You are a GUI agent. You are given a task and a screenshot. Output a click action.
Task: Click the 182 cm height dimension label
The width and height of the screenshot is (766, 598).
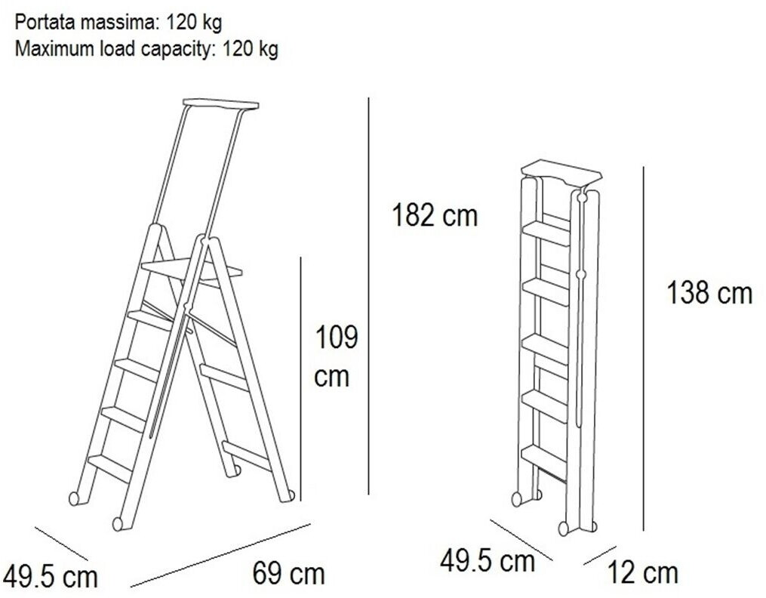tap(434, 215)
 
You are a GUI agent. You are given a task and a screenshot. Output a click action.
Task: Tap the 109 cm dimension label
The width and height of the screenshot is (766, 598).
tap(336, 356)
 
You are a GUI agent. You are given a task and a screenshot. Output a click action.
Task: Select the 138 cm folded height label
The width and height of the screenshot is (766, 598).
tap(709, 293)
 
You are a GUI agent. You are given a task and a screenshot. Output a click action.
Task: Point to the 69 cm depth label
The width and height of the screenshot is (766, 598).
tap(289, 574)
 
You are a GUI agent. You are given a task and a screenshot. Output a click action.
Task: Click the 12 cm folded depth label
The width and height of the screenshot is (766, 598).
tap(643, 572)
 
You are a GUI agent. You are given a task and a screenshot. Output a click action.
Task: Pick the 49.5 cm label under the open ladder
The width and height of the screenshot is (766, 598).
tap(51, 577)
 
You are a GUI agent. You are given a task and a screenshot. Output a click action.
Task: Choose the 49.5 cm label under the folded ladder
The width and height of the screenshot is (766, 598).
tap(487, 560)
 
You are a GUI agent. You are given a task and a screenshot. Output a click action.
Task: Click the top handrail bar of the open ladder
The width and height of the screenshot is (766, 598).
tap(221, 104)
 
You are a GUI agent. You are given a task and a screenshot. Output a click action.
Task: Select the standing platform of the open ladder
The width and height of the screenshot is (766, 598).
tap(192, 270)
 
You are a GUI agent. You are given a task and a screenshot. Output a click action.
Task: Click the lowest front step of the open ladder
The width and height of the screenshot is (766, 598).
tap(110, 466)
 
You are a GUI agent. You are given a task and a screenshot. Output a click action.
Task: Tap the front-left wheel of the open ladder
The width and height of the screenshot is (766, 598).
tap(118, 524)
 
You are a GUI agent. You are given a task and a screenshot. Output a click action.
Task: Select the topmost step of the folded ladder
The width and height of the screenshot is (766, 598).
tap(547, 233)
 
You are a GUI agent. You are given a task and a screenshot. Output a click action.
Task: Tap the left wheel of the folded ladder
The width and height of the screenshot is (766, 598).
tap(516, 499)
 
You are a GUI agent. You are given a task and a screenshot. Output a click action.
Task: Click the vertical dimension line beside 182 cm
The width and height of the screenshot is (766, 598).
tap(369, 296)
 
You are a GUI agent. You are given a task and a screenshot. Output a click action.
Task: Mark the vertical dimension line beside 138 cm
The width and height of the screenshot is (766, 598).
tap(644, 349)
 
